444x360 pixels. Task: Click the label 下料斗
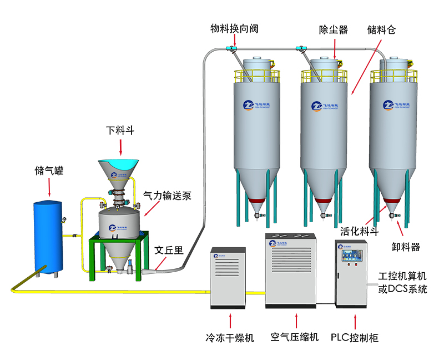[x=120, y=131]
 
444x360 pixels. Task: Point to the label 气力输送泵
[x=167, y=196]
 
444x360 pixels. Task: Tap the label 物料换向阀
[x=234, y=28]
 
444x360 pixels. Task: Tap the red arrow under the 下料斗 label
[x=121, y=147]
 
